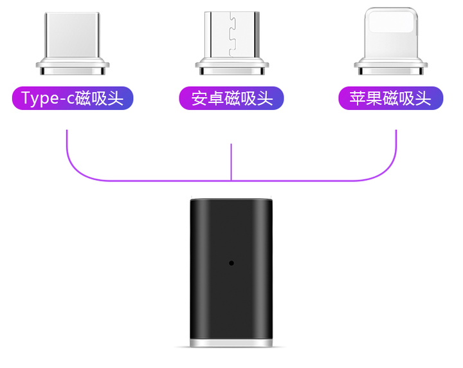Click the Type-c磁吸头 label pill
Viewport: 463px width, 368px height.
pyautogui.click(x=73, y=98)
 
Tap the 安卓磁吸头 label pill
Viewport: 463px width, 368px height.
pyautogui.click(x=232, y=98)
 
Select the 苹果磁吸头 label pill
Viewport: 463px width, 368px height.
pyautogui.click(x=391, y=98)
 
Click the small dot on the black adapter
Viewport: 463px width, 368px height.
pyautogui.click(x=232, y=263)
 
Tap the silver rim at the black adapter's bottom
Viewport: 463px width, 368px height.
pyautogui.click(x=232, y=343)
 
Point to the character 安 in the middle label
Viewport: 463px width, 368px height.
pyautogui.click(x=199, y=98)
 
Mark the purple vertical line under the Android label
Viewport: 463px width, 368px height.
pyautogui.click(x=232, y=162)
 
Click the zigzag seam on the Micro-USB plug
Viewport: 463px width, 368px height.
pyautogui.click(x=233, y=35)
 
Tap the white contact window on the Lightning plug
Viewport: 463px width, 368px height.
pyautogui.click(x=391, y=22)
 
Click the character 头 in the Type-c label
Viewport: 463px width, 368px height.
pyautogui.click(x=116, y=98)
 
